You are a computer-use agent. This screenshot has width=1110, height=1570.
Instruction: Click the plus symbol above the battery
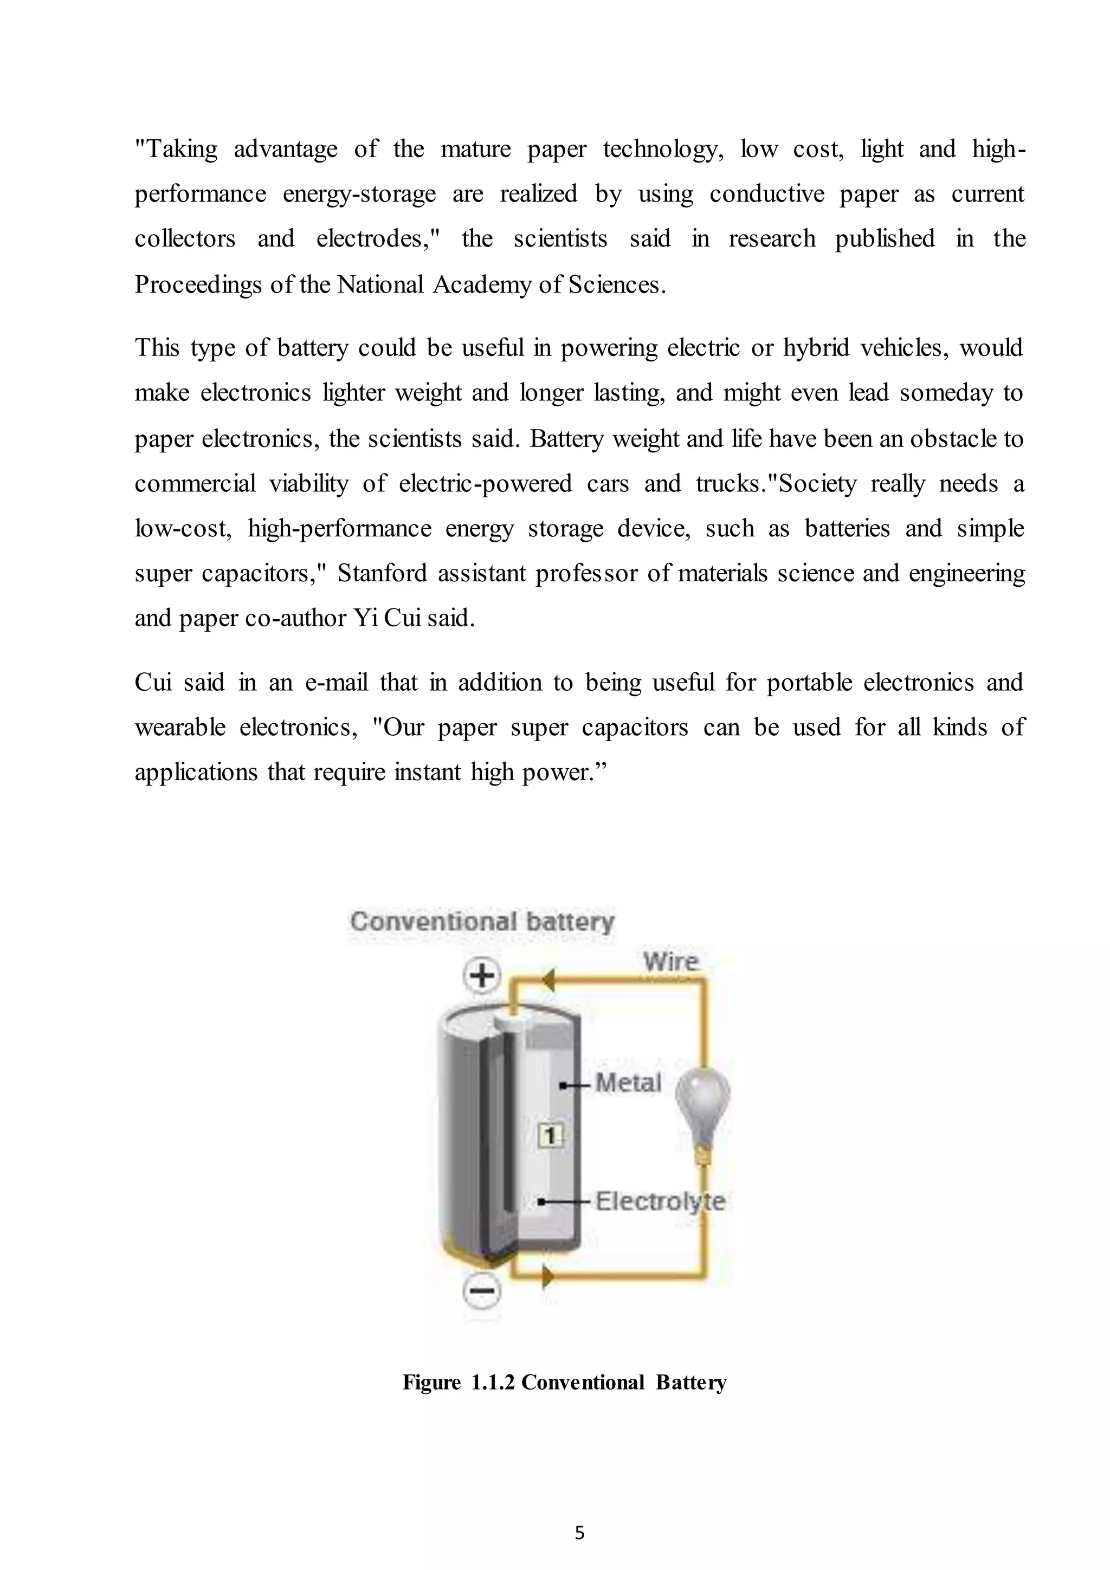pos(482,975)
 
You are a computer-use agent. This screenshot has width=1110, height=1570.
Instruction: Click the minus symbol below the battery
pos(482,1290)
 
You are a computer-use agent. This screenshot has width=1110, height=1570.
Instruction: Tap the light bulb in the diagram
pos(702,1101)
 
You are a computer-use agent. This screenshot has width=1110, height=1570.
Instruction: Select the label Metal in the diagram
pos(628,1082)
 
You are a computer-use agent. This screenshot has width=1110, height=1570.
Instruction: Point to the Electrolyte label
pos(659,1202)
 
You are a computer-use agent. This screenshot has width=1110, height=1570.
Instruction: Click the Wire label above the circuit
pos(670,962)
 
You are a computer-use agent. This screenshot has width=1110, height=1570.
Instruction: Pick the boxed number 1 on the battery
pos(551,1136)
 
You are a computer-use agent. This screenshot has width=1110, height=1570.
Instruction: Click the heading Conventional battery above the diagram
pos(482,921)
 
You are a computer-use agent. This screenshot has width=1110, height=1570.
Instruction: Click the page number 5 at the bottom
pos(579,1533)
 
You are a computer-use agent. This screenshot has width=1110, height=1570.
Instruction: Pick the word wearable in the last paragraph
pos(179,727)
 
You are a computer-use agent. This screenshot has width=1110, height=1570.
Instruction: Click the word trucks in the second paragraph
pos(732,483)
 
